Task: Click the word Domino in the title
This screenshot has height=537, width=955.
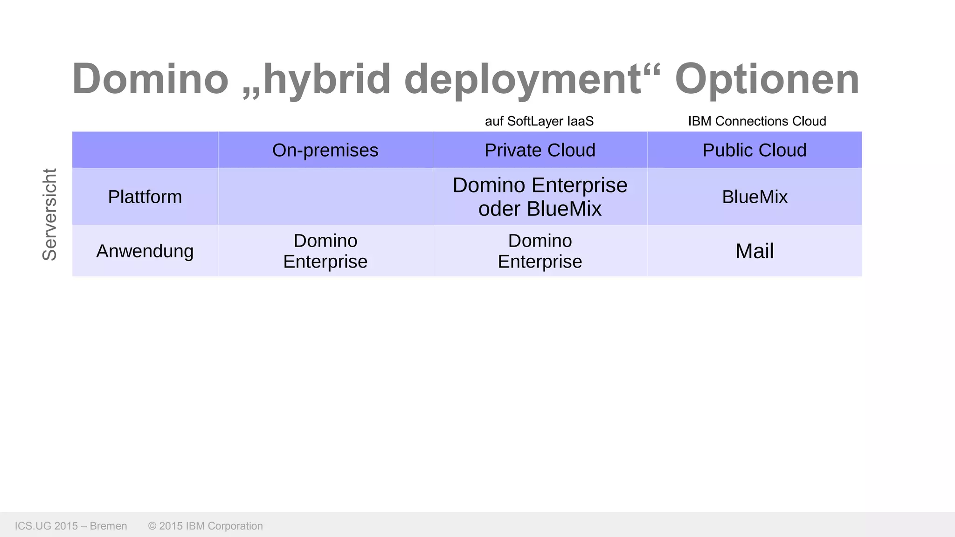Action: tap(150, 79)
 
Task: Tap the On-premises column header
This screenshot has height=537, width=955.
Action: tap(325, 150)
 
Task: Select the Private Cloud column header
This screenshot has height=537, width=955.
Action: tap(540, 150)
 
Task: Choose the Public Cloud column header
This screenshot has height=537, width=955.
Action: tap(754, 150)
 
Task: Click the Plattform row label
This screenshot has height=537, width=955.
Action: tap(145, 197)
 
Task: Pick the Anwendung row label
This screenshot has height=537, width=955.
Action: tap(145, 251)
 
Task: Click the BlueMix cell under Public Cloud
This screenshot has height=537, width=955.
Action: tap(754, 197)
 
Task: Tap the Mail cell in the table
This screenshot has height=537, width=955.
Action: tap(754, 251)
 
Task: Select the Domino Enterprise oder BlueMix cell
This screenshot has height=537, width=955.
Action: tap(540, 197)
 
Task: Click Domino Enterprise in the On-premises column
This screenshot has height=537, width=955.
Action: tap(325, 251)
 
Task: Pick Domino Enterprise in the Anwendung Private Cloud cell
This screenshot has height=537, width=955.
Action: tap(540, 251)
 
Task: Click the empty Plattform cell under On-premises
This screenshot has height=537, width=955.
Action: tap(325, 197)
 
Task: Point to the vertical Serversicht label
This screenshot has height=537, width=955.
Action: tap(49, 214)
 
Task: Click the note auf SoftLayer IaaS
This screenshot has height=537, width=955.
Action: tap(539, 121)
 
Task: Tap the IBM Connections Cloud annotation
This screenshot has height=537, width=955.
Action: tap(756, 121)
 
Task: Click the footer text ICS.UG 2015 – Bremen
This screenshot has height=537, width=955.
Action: tap(71, 526)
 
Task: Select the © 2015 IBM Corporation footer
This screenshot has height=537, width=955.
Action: tap(205, 526)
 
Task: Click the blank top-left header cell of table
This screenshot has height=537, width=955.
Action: tap(145, 150)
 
